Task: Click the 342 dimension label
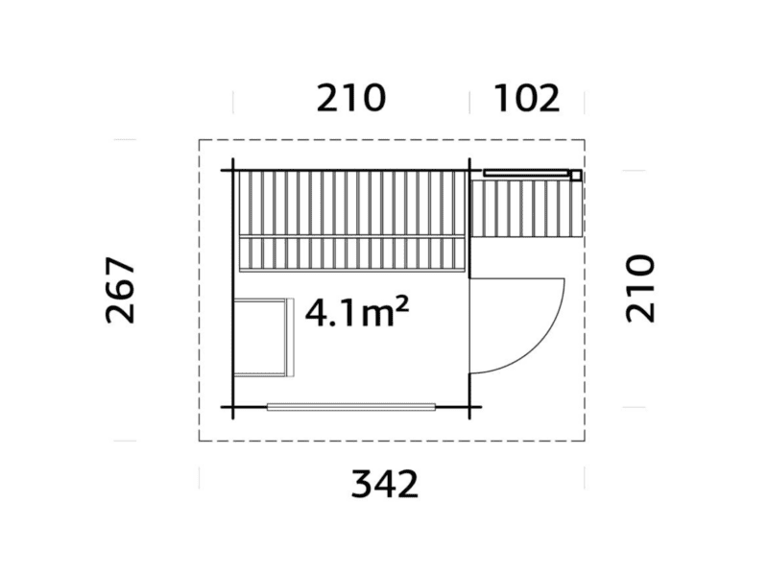pyautogui.click(x=385, y=484)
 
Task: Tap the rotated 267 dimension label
pyautogui.click(x=121, y=290)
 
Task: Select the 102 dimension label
pyautogui.click(x=527, y=98)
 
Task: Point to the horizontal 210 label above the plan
pyautogui.click(x=351, y=98)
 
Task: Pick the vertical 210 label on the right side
pyautogui.click(x=640, y=289)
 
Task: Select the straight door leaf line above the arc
pyautogui.click(x=517, y=278)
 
